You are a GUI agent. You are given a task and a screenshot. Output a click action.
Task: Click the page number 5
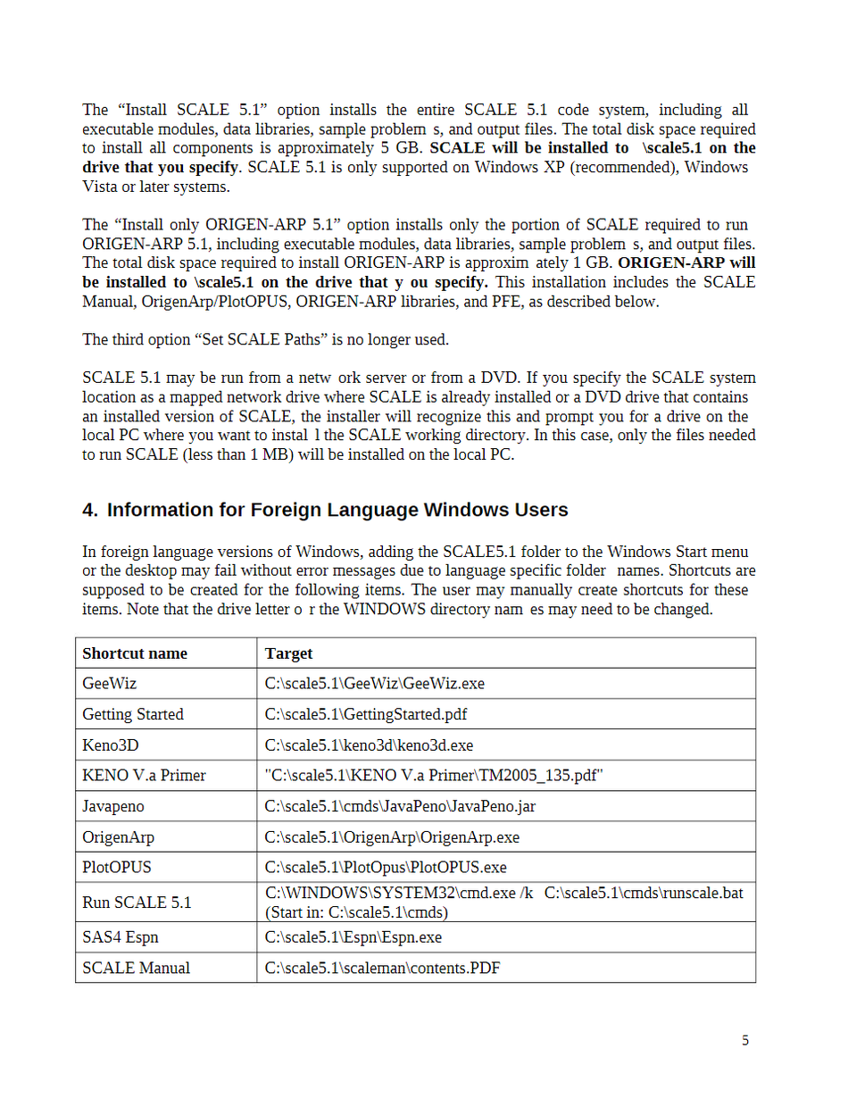(x=745, y=1040)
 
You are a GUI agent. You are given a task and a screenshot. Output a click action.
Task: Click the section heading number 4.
(x=89, y=510)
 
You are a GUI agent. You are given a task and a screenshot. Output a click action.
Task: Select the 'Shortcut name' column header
(x=135, y=653)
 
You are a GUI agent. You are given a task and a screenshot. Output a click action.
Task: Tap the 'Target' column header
(x=289, y=653)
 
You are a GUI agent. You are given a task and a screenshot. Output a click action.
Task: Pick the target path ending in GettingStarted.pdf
(x=366, y=714)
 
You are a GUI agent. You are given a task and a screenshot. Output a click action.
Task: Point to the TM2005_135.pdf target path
(x=435, y=775)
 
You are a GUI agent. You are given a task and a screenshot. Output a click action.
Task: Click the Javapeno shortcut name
(x=113, y=806)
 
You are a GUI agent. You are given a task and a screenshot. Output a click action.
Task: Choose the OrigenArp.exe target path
(x=392, y=837)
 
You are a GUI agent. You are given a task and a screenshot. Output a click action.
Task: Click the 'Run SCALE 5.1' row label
(x=137, y=903)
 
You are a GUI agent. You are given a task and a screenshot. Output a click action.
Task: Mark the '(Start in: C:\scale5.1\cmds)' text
(x=357, y=912)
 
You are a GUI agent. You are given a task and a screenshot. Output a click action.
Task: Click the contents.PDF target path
(x=383, y=968)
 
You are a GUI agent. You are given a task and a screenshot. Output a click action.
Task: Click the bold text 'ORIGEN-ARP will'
(x=686, y=262)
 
